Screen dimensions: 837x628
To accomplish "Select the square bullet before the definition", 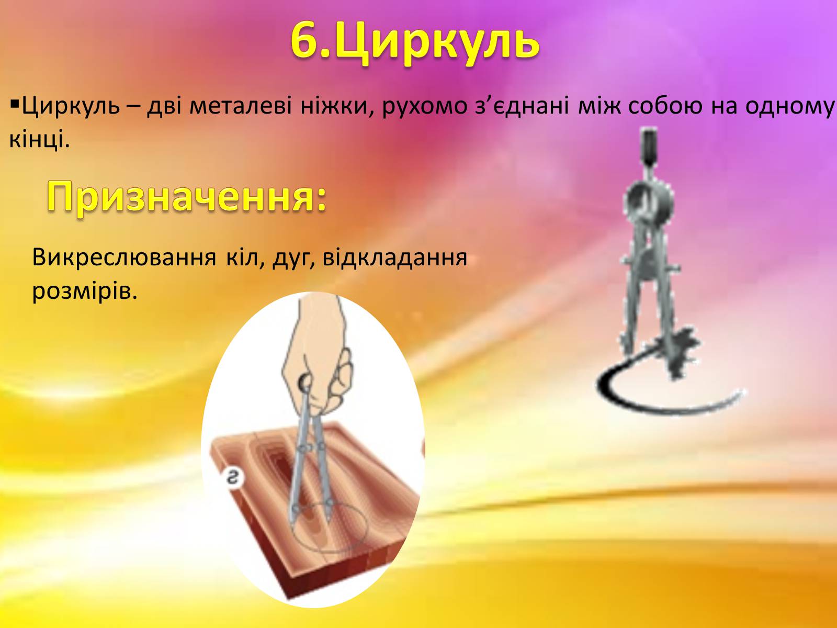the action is coord(15,104).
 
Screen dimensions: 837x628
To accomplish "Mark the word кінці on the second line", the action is coord(39,139).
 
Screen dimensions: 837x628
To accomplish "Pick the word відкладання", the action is coord(394,258).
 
